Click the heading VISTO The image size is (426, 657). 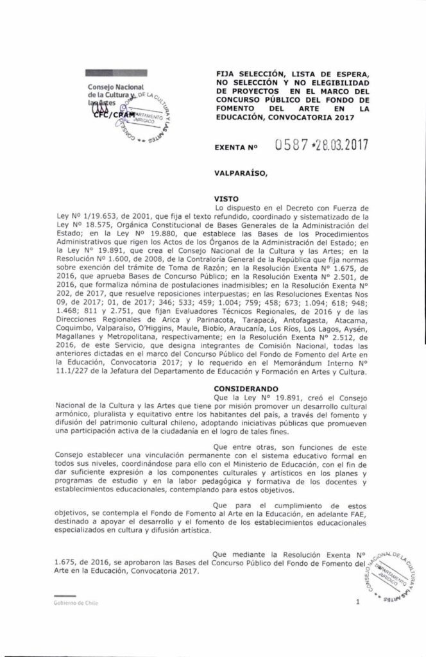[228, 199]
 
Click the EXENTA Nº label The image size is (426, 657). [237, 147]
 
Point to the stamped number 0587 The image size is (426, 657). [293, 145]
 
